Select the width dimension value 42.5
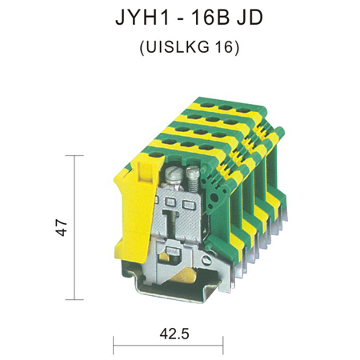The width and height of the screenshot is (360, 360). tap(174, 334)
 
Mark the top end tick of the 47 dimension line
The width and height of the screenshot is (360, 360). tap(74, 155)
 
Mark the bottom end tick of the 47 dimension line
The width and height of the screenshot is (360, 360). tap(74, 299)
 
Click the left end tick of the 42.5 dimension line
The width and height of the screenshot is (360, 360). tap(114, 346)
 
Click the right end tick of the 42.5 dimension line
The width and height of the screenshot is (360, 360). tap(223, 346)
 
